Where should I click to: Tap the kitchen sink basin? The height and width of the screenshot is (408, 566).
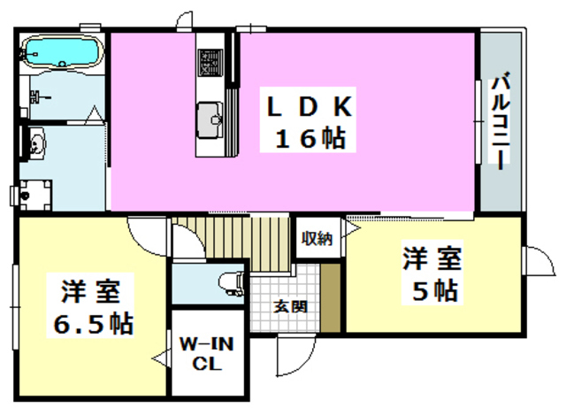pyautogui.click(x=210, y=116)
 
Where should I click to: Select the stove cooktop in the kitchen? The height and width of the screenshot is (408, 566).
pyautogui.click(x=210, y=62)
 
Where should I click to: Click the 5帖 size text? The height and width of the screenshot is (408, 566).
pyautogui.click(x=432, y=289)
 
